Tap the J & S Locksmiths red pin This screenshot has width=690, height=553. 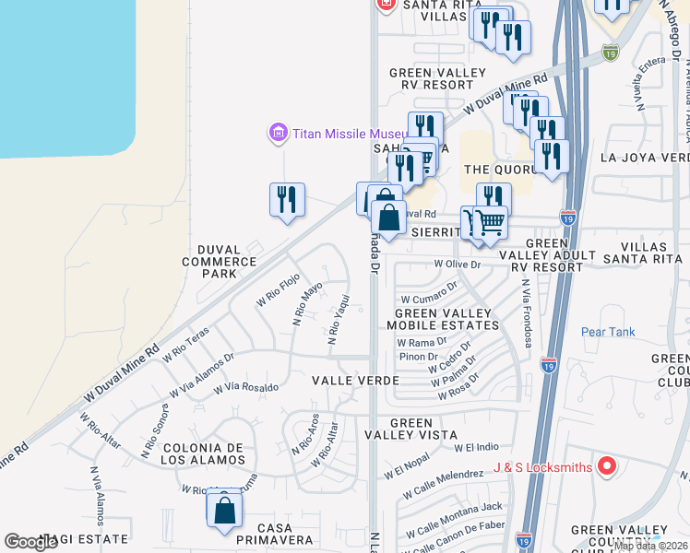point(606,466)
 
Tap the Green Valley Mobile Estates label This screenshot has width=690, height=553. point(443,319)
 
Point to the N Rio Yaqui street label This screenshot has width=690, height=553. point(338,319)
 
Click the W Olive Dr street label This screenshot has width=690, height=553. point(458,264)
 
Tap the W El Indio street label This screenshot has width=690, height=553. point(476,447)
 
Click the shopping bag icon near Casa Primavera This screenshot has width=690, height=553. point(224,511)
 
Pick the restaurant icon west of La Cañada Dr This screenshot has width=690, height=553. point(287,200)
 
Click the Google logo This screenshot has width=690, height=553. point(31,542)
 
